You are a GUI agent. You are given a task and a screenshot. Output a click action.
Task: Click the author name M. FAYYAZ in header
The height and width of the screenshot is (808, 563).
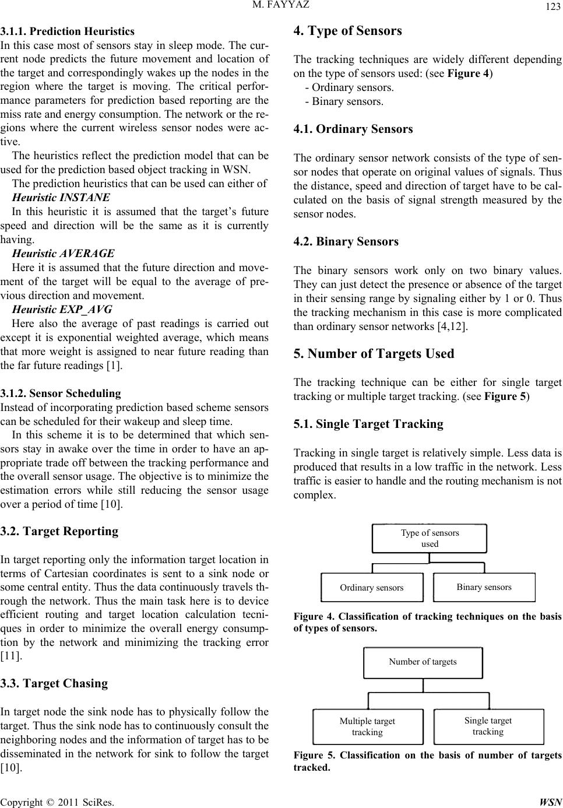[x=281, y=6]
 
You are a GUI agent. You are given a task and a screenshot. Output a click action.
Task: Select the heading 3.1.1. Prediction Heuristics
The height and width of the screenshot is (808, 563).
[x=67, y=31]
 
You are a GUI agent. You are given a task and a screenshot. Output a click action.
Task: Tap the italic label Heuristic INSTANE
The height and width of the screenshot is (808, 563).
[x=61, y=197]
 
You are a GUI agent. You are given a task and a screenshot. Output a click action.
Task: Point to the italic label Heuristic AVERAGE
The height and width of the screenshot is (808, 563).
[x=63, y=254]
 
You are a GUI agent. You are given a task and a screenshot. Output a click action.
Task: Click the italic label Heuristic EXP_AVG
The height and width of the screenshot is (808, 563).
[x=62, y=309]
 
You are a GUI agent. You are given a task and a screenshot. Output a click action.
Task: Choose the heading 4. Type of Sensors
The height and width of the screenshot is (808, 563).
[x=348, y=31]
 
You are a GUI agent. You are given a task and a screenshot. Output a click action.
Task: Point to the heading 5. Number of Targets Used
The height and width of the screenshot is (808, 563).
[x=374, y=353]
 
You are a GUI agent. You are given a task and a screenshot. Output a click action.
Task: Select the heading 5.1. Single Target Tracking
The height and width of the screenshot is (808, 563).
[x=368, y=424]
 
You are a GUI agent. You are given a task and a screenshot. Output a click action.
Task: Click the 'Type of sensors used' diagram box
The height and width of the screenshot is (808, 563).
[x=430, y=538]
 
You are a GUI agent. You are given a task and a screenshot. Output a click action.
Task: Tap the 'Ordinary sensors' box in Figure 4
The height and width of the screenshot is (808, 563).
[x=372, y=587]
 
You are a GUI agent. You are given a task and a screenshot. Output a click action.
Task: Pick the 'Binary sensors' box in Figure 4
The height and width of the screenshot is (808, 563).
[x=484, y=587]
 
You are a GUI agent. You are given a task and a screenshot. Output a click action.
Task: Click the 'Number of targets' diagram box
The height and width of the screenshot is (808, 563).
[x=423, y=662]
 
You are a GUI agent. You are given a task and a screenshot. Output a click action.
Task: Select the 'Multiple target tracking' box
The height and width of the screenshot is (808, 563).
[x=367, y=726]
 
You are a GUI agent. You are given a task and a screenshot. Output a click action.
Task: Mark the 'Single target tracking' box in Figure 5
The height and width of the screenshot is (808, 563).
[x=488, y=726]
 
